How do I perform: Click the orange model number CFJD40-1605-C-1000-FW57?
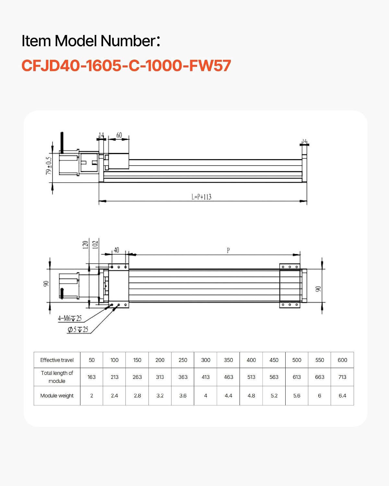(x=126, y=65)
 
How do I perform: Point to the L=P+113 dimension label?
(x=201, y=197)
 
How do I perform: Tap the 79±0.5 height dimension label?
(x=49, y=166)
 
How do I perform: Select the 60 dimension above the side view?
(x=119, y=135)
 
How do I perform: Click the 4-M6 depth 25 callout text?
(x=70, y=318)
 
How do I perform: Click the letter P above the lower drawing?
(x=228, y=250)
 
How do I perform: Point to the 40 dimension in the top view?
(x=116, y=250)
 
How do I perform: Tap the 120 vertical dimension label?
(x=85, y=245)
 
